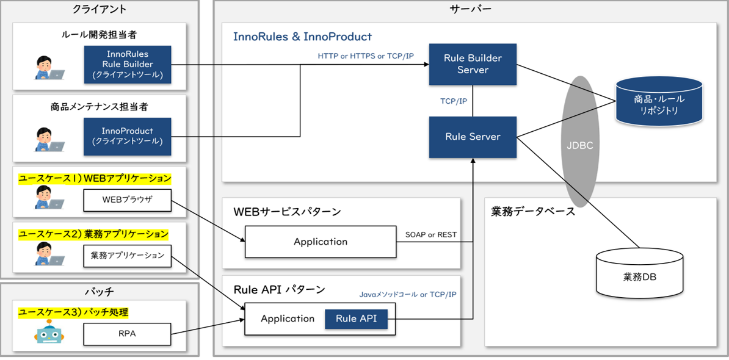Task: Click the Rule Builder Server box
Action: (x=473, y=64)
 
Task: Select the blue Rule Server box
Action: (x=473, y=137)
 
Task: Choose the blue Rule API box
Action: (x=356, y=319)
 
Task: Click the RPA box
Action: (x=128, y=334)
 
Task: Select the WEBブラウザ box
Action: (x=128, y=200)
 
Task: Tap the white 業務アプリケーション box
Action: (x=128, y=256)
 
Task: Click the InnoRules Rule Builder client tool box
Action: (x=128, y=64)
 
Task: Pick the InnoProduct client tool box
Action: (x=128, y=136)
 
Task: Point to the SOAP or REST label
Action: (x=430, y=234)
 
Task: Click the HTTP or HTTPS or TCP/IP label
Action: (x=366, y=56)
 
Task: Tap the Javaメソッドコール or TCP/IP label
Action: (x=408, y=295)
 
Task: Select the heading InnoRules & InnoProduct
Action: (x=302, y=36)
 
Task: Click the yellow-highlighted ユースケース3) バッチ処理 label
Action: (x=73, y=312)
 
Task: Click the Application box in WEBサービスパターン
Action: (x=321, y=242)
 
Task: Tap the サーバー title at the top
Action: (x=471, y=9)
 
